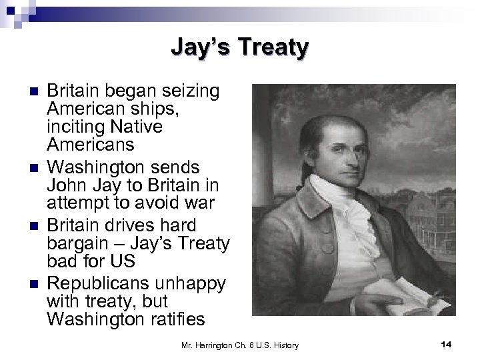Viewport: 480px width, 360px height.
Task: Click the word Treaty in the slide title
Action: (x=275, y=48)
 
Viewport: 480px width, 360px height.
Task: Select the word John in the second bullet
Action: (x=65, y=180)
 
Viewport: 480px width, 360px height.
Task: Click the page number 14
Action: (x=447, y=344)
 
